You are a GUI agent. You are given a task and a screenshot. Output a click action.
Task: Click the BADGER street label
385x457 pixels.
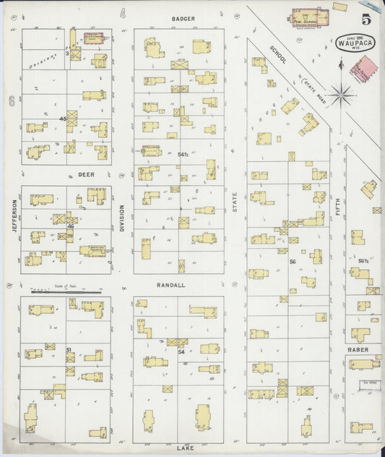click(183, 18)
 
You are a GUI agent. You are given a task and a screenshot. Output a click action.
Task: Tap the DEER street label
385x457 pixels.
click(87, 175)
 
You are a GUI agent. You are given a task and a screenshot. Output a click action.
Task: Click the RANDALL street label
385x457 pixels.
click(171, 285)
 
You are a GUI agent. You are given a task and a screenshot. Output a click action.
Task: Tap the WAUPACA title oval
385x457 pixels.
click(352, 41)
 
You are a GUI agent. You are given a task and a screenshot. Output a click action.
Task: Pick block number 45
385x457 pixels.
click(64, 118)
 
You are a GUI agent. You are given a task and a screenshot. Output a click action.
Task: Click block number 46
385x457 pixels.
click(71, 226)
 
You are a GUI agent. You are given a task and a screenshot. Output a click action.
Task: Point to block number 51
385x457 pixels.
click(69, 350)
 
